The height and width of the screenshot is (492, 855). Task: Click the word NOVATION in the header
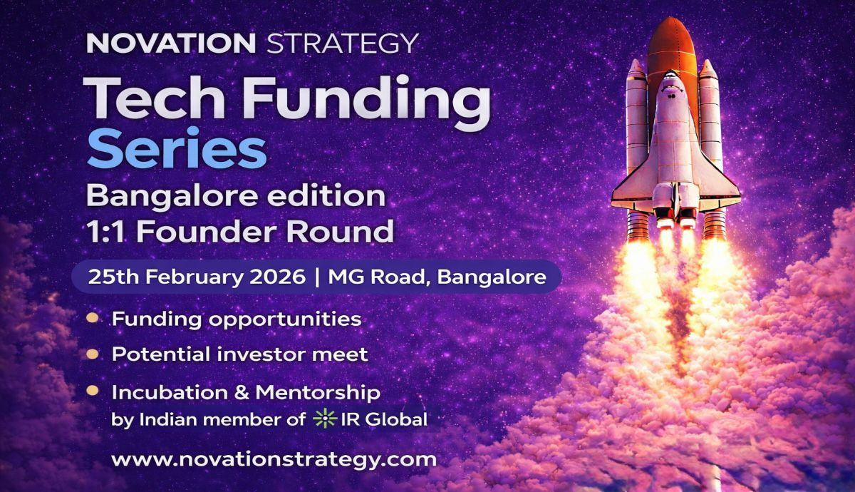point(170,43)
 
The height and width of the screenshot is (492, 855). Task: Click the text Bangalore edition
point(235,195)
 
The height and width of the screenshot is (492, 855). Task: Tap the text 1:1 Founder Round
point(239,231)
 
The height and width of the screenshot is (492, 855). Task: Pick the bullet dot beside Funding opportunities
point(92,318)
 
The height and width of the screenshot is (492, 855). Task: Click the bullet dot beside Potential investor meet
point(92,354)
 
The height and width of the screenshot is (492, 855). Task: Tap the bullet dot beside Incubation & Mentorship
point(92,391)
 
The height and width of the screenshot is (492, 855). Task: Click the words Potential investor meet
point(239,354)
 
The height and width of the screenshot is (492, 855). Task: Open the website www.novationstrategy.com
point(274,458)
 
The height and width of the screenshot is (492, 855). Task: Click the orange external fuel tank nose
point(671,36)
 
